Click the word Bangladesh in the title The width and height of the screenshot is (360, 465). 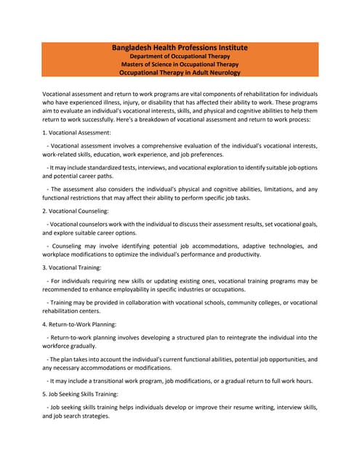point(135,48)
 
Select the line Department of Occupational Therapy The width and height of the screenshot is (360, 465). point(180,56)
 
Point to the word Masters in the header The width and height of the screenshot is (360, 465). point(134,65)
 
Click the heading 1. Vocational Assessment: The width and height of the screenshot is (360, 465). point(76,133)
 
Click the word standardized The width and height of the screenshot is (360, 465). point(108,167)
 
